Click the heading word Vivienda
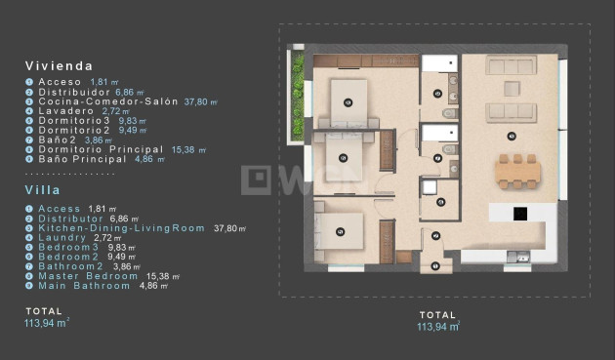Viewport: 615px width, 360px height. tap(59, 66)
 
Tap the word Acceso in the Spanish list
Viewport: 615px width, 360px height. tap(61, 82)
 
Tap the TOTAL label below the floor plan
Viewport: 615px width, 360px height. tap(437, 315)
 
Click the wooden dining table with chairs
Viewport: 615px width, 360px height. tap(516, 172)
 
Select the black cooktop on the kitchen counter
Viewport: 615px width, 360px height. tap(521, 213)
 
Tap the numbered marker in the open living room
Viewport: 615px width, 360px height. tap(512, 136)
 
